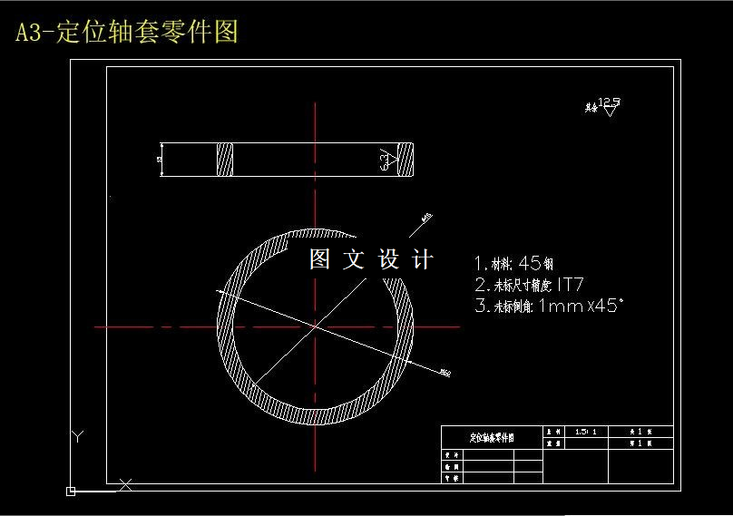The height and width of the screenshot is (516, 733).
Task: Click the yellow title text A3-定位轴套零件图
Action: [127, 33]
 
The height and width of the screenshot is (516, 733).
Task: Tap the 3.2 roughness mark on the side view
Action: [387, 160]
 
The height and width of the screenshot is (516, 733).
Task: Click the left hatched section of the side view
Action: [225, 160]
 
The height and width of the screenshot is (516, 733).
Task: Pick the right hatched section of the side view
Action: [403, 160]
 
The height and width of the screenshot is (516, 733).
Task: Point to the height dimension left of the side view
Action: [160, 160]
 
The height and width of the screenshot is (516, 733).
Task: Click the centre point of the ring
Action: [315, 326]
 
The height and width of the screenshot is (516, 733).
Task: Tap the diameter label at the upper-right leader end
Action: [426, 216]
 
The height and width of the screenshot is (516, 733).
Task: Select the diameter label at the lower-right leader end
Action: [445, 372]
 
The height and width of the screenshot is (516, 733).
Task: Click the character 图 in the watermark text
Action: [319, 260]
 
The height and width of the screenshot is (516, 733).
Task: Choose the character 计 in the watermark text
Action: [422, 260]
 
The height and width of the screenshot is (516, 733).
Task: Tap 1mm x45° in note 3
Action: [581, 307]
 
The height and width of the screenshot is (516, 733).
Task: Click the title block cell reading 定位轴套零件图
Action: [491, 437]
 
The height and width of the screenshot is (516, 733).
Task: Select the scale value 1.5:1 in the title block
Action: [586, 432]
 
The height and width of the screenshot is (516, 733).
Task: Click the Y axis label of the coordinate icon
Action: [78, 437]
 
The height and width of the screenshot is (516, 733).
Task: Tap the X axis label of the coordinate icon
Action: [126, 485]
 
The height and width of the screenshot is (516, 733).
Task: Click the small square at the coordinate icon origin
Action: [71, 492]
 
